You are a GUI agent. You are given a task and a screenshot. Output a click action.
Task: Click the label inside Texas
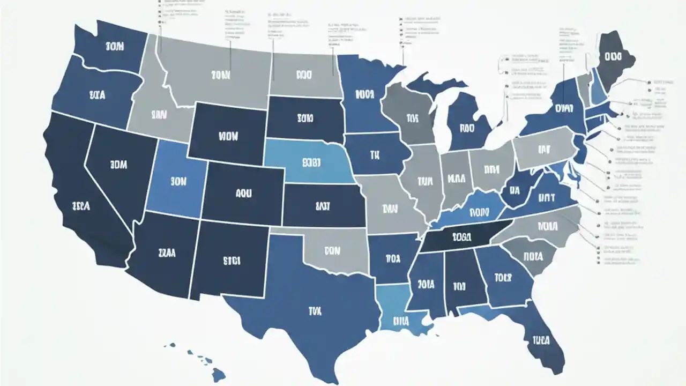pyautogui.click(x=315, y=310)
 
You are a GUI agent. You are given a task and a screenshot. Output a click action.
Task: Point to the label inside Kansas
pyautogui.click(x=323, y=205)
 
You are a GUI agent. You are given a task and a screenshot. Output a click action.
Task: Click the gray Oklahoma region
pyautogui.click(x=332, y=250)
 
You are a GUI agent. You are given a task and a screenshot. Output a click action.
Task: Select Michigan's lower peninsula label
pyautogui.click(x=467, y=128)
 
